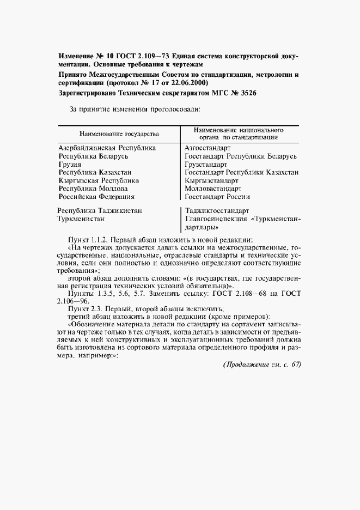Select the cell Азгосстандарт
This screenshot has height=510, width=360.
coord(208,148)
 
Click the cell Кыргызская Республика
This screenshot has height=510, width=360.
coord(98,180)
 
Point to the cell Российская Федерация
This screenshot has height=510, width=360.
coord(96,197)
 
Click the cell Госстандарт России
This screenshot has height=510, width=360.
coord(217,197)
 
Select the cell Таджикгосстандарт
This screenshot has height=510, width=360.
coord(217,210)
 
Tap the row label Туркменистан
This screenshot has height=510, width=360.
coord(82,219)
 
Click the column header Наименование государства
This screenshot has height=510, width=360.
coord(119,133)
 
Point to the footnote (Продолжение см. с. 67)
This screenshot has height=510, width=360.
coord(262,365)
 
